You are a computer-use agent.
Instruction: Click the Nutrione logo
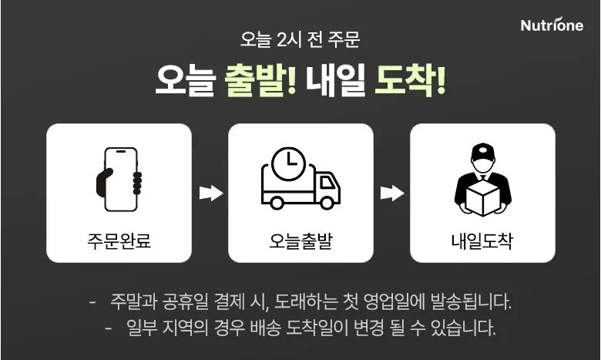(552, 25)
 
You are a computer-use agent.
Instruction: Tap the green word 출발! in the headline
(260, 80)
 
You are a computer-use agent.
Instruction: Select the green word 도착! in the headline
(410, 80)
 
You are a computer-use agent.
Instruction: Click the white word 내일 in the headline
(335, 80)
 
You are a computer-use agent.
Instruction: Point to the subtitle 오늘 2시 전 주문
(300, 39)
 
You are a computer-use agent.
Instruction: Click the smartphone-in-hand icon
(119, 180)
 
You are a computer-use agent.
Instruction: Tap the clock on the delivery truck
(289, 163)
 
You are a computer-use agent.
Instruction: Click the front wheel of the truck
(327, 203)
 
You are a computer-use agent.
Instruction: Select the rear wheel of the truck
(277, 203)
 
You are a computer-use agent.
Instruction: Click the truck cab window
(327, 183)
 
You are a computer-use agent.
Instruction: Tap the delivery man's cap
(482, 152)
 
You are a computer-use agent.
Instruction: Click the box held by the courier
(482, 198)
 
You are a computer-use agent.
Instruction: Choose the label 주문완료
(119, 241)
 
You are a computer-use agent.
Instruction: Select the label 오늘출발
(300, 241)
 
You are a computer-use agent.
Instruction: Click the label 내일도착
(482, 241)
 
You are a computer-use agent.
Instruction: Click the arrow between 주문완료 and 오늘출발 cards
(211, 193)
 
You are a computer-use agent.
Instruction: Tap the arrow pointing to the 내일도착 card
(392, 193)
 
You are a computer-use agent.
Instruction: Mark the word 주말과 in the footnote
(134, 301)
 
